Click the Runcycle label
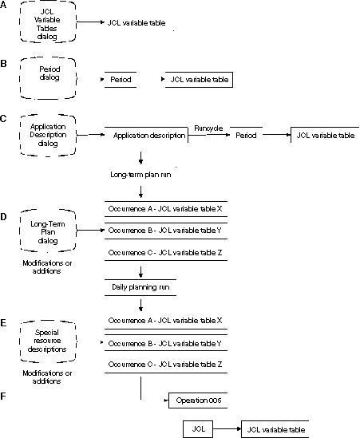208,128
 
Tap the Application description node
148,136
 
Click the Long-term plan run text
141,173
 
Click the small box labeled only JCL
200,429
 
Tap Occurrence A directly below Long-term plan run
164,208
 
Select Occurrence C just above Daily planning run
164,253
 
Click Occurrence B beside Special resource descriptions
164,342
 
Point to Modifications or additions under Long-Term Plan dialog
50,266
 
